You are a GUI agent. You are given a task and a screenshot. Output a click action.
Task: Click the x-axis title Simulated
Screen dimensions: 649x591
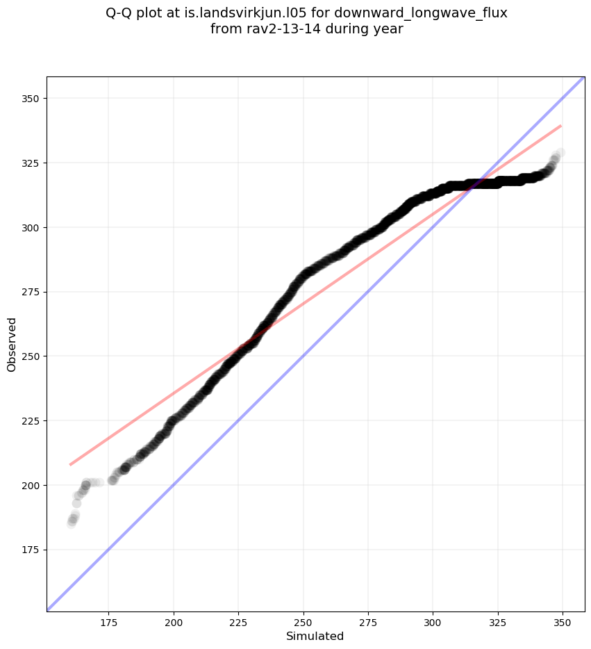click(x=315, y=636)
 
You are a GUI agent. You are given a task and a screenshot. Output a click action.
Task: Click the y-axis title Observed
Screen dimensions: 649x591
click(x=12, y=344)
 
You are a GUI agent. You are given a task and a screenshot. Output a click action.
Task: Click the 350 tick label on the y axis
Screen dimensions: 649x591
click(x=31, y=99)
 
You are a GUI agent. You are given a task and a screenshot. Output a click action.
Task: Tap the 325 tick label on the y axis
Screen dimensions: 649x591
click(x=31, y=163)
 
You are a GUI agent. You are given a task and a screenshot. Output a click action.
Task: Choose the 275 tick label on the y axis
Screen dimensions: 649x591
click(x=31, y=292)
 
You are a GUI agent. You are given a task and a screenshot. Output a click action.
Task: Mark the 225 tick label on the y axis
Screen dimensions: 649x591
click(x=31, y=421)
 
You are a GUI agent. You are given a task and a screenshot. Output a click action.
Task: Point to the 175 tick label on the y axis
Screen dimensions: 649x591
click(x=31, y=550)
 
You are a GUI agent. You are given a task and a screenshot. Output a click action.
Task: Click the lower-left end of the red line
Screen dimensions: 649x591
click(x=71, y=464)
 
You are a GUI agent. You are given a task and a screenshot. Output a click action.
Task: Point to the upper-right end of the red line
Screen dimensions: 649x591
click(x=560, y=126)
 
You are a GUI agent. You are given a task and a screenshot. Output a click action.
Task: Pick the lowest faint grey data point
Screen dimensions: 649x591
click(x=72, y=523)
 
